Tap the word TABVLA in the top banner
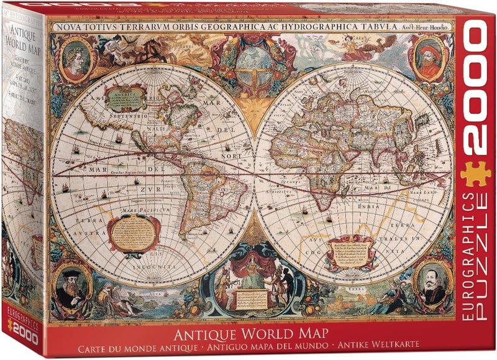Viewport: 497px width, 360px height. [381, 27]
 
